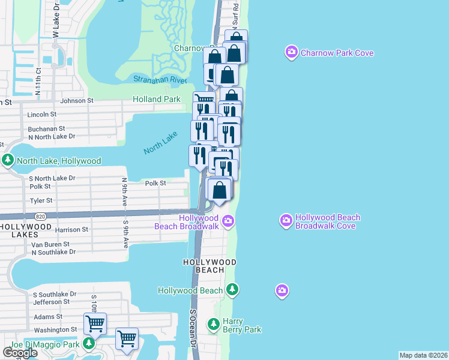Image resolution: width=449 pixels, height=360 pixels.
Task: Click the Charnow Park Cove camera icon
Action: tap(291, 53)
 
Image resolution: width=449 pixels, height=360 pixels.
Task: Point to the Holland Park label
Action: tap(157, 99)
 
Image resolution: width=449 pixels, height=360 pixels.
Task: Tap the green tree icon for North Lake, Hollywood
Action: tap(8, 161)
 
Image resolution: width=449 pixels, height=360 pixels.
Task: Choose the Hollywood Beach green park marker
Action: tap(232, 290)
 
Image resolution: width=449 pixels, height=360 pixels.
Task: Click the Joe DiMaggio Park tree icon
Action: tap(89, 344)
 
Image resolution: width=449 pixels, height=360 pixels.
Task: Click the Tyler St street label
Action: tap(41, 200)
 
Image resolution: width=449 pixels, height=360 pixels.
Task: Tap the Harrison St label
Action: tap(71, 229)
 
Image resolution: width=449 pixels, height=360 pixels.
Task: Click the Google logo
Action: tap(19, 353)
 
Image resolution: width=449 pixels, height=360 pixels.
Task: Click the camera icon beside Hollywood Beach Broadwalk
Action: tap(228, 222)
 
